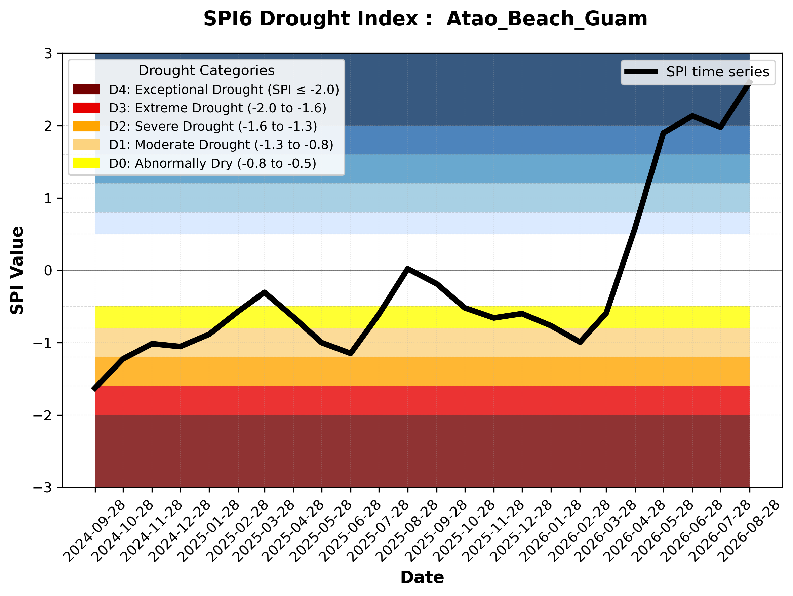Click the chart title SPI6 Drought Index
click(x=318, y=19)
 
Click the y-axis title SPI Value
click(x=17, y=271)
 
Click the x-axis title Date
click(x=422, y=577)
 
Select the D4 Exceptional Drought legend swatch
click(x=86, y=89)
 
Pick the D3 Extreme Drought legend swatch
click(x=86, y=108)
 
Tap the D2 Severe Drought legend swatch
click(x=86, y=126)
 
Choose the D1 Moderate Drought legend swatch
click(x=86, y=145)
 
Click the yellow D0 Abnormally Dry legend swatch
click(x=86, y=163)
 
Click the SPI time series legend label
click(x=718, y=72)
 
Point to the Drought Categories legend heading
click(x=206, y=71)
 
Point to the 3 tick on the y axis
click(x=48, y=54)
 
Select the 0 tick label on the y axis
click(x=48, y=271)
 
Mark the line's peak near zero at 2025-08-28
click(x=408, y=269)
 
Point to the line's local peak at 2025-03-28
click(x=265, y=292)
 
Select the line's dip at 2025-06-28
click(x=351, y=353)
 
